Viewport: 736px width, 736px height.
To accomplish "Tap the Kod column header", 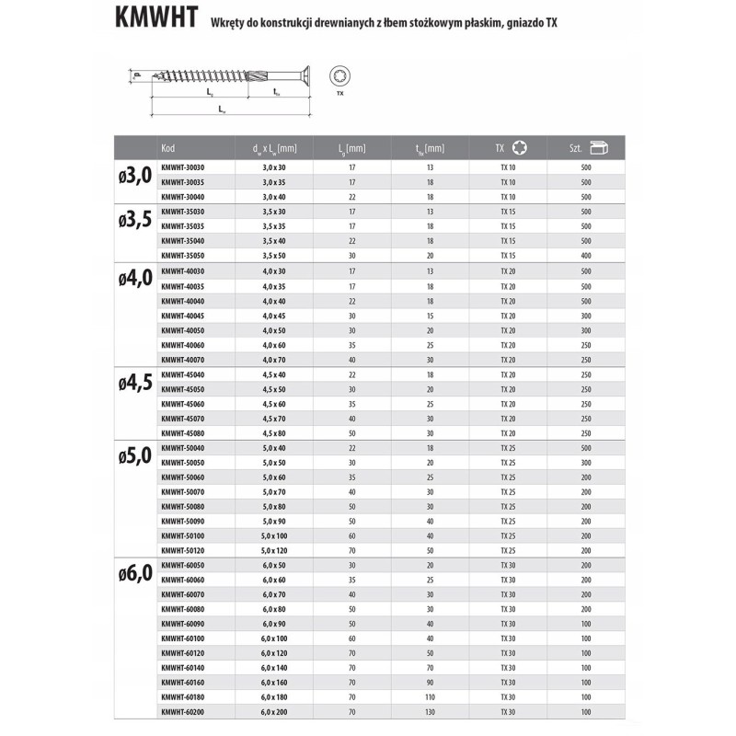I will point(167,148).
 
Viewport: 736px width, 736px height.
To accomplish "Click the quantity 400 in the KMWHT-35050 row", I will point(586,254).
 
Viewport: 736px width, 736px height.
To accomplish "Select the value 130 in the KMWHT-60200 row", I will point(430,711).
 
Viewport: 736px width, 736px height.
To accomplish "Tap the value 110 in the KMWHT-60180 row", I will point(430,697).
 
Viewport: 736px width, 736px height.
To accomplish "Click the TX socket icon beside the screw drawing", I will point(339,79).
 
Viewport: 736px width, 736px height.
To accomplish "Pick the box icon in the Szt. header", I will point(600,148).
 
